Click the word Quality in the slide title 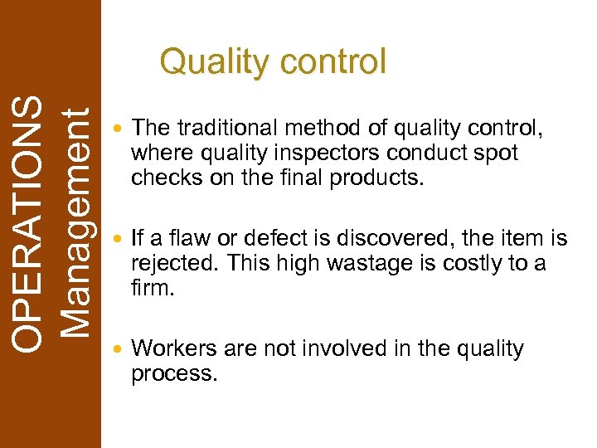pyautogui.click(x=214, y=62)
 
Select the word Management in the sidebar pyautogui.click(x=75, y=225)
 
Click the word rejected pyautogui.click(x=176, y=265)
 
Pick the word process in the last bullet pyautogui.click(x=172, y=373)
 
